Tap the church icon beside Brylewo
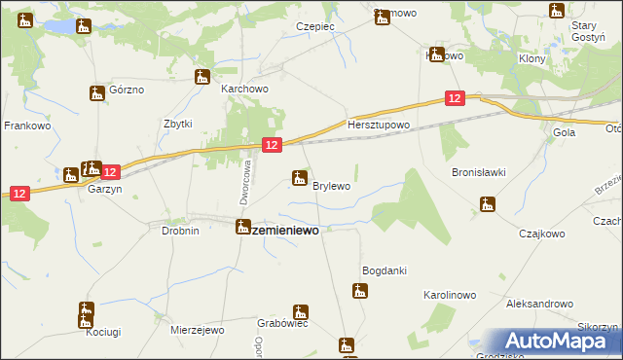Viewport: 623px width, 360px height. point(300,177)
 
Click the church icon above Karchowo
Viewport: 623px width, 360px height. point(203,77)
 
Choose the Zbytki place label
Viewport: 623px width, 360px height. point(177,124)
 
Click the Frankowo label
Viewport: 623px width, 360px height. point(27,126)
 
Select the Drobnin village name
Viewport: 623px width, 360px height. point(180,231)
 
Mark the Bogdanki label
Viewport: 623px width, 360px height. point(384,270)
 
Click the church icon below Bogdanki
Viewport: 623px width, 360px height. point(360,291)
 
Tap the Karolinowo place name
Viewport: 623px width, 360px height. point(449,293)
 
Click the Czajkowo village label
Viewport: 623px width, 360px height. point(541,234)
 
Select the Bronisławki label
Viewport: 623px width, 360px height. point(478,172)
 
